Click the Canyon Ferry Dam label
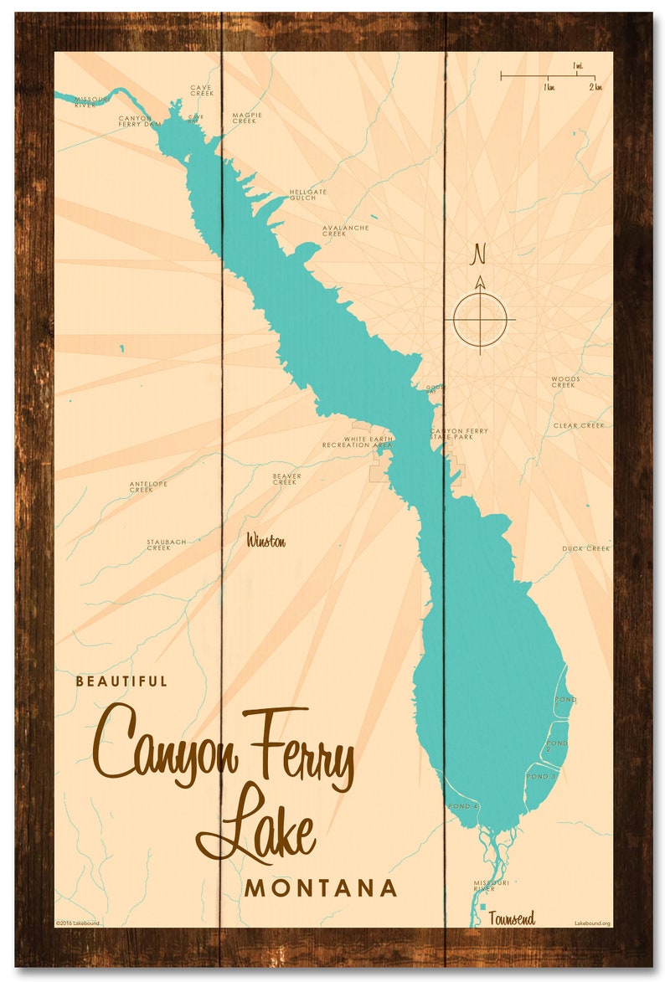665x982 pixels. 139,121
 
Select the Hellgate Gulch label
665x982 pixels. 307,193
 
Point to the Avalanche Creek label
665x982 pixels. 345,230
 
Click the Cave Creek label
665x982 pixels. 201,90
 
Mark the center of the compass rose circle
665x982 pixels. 480,319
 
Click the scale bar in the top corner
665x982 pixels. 548,76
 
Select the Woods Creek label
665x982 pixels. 564,382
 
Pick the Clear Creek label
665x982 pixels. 578,425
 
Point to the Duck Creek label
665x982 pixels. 585,548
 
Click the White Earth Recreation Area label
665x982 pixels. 357,442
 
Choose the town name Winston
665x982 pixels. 265,542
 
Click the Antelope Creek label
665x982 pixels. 148,486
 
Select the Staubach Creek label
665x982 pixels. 166,544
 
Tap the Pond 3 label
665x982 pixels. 541,777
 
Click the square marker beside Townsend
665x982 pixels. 483,906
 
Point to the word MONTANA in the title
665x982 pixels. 321,888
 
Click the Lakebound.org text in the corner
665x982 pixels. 592,923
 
